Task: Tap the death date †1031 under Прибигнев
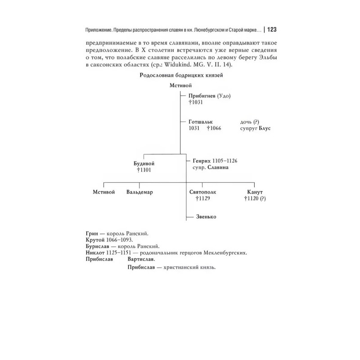pos(196,103)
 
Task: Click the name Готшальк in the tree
pos(200,122)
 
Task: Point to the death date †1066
pos(215,129)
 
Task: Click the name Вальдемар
pos(139,192)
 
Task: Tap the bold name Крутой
pos(94,241)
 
